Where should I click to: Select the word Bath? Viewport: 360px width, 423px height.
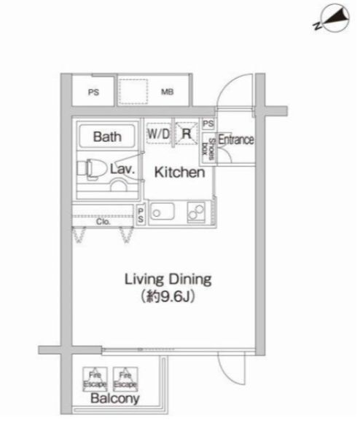tap(106, 135)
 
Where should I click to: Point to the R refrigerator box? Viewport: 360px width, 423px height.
tap(187, 134)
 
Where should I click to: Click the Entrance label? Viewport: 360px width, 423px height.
tap(236, 140)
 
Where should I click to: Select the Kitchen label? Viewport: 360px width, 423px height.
tap(178, 173)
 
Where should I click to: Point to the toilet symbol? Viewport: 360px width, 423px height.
tap(91, 169)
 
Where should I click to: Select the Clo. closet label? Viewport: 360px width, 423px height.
tap(103, 223)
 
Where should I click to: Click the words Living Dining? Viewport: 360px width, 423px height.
tap(168, 279)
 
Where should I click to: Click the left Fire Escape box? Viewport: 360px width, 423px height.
tap(95, 377)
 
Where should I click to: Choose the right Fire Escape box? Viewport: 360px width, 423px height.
tap(124, 377)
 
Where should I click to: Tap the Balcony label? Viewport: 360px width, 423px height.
tap(111, 400)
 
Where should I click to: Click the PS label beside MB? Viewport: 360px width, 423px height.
tap(93, 92)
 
